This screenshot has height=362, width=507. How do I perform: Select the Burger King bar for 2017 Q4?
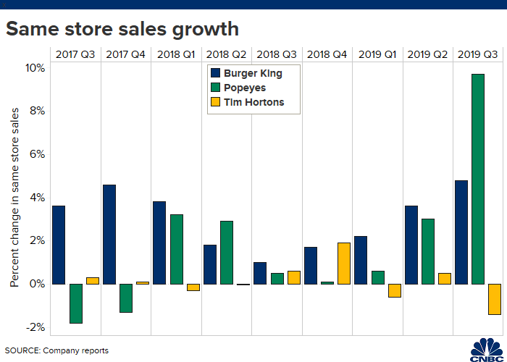pyautogui.click(x=109, y=235)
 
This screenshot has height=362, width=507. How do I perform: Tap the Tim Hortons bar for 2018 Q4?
pyautogui.click(x=344, y=263)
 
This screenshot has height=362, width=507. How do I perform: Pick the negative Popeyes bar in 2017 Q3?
pyautogui.click(x=76, y=303)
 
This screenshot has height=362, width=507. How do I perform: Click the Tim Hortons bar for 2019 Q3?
pyautogui.click(x=495, y=299)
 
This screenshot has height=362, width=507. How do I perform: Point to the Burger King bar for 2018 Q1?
pyautogui.click(x=159, y=243)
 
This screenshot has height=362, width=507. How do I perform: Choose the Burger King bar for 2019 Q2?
pyautogui.click(x=411, y=245)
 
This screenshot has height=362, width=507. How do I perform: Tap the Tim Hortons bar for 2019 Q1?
pyautogui.click(x=395, y=290)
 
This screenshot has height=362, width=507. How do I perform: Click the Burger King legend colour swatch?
pyautogui.click(x=215, y=73)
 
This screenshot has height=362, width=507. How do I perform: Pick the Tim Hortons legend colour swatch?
pyautogui.click(x=215, y=102)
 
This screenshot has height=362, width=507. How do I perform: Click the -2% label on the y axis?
pyautogui.click(x=35, y=327)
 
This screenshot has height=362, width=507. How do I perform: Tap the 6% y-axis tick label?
pyautogui.click(x=38, y=154)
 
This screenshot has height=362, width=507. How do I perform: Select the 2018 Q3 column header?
pyautogui.click(x=277, y=54)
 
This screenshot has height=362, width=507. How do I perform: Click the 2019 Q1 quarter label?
pyautogui.click(x=377, y=54)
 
